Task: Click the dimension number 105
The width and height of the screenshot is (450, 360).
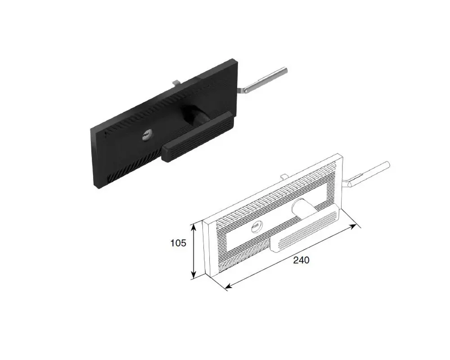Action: [178, 243]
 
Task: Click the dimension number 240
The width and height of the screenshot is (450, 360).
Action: [301, 260]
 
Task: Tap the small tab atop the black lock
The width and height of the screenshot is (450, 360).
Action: [176, 83]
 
